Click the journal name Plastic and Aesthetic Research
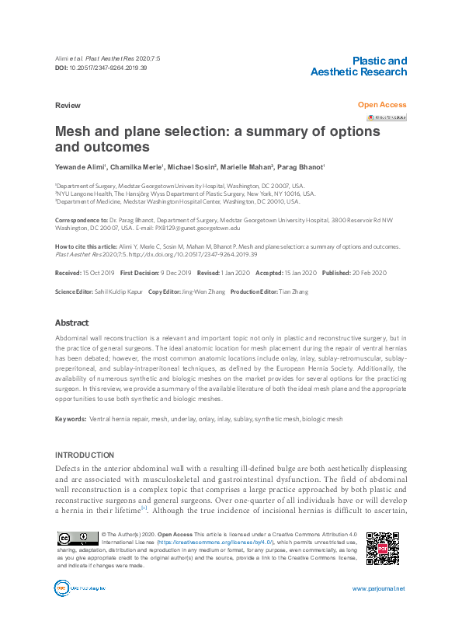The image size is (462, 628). [x=358, y=66]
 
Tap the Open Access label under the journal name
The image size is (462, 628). [x=381, y=105]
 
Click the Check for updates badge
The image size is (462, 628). [x=387, y=117]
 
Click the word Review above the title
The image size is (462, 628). [x=68, y=105]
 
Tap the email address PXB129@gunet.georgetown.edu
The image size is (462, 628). [x=198, y=229]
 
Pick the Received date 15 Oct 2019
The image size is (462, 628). [x=98, y=273]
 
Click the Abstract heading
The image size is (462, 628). [x=71, y=323]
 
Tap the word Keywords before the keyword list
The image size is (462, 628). [x=70, y=419]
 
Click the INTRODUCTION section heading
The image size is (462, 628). [x=85, y=455]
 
